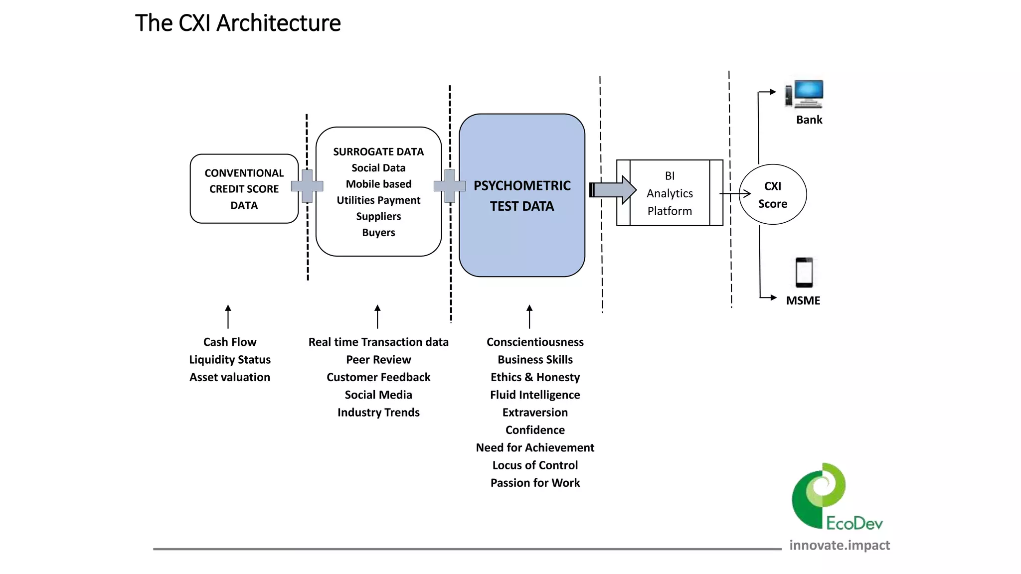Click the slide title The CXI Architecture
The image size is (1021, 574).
(x=238, y=23)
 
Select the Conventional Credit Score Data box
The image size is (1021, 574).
(x=244, y=189)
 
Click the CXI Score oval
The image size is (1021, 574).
(x=772, y=194)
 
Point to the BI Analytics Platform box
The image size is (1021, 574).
(x=670, y=193)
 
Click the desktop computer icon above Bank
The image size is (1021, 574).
(x=805, y=94)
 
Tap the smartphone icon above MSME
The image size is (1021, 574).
(x=804, y=272)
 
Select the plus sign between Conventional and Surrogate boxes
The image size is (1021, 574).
(x=307, y=186)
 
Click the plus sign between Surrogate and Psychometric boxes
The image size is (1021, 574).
(x=450, y=186)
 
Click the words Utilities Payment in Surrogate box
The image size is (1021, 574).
(x=378, y=200)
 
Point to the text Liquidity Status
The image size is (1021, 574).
(x=230, y=360)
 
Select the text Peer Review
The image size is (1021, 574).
(x=378, y=360)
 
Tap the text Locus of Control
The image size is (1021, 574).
(x=535, y=465)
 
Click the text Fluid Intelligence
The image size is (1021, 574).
(x=535, y=395)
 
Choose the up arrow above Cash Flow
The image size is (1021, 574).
(x=228, y=316)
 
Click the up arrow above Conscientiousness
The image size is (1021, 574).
(x=529, y=316)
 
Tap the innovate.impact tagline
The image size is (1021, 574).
(x=840, y=545)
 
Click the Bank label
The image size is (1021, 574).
(x=809, y=120)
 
